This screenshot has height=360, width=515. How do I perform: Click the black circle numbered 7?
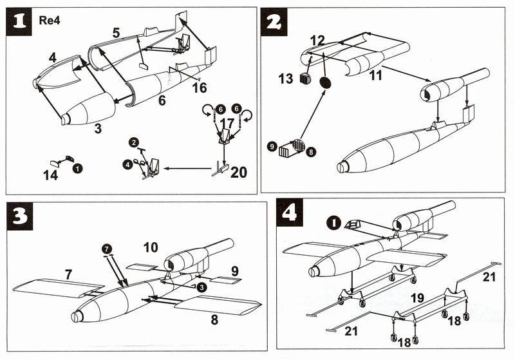106,248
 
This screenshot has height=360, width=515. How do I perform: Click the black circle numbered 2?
134,141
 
